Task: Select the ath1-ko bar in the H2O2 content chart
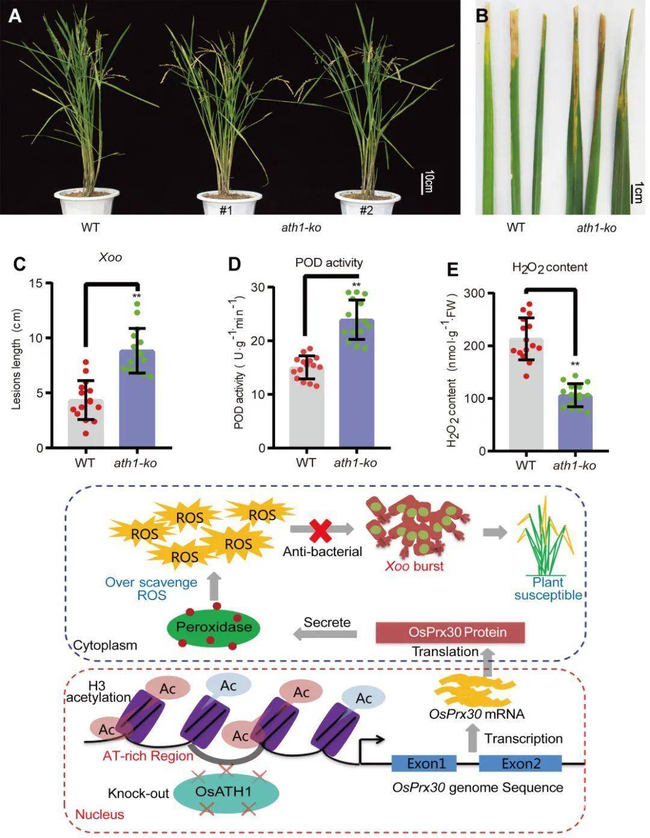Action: coord(575,422)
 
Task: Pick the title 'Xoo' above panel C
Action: coord(110,257)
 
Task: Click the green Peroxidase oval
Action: coord(214,628)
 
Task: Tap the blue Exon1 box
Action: coord(426,764)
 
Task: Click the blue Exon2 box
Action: coord(521,764)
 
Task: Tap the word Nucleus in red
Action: coord(99,815)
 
